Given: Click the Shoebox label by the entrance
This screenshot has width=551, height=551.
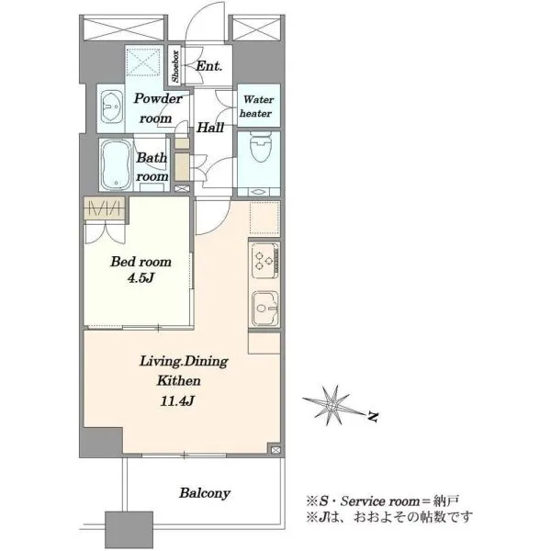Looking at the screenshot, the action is coord(175,66).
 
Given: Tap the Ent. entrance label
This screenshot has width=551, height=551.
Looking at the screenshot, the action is coord(208,66).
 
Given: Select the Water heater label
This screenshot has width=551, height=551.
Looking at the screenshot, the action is coord(258,107).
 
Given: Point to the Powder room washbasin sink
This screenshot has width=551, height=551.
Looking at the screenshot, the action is coord(112,107).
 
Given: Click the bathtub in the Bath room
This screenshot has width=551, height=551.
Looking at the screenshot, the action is coord(117,164).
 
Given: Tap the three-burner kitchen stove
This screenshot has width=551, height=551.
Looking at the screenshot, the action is coord(265,261).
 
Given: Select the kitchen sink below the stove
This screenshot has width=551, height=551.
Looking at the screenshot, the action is coord(265,309).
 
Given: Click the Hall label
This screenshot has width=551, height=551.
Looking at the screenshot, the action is coord(210,128).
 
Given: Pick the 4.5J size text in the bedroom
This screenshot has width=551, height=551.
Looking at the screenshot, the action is coord(141,278).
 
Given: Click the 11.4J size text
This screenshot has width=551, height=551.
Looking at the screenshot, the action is coord(177,401).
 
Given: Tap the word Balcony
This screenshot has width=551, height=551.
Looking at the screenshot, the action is coord(205,493).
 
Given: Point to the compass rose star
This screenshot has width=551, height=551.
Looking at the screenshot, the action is coord(332,406).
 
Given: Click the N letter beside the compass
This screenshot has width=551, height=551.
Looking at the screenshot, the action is coord(373,417).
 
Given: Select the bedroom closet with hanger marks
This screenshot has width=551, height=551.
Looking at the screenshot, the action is coord(105,208).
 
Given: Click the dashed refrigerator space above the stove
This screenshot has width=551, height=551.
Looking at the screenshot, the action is coord(264,218).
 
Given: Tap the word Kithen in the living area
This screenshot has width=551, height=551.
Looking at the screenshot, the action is coord(178,381).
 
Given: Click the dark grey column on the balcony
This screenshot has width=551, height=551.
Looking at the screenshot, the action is coord(129,530).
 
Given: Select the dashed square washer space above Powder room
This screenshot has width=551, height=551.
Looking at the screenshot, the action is coord(144,62).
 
